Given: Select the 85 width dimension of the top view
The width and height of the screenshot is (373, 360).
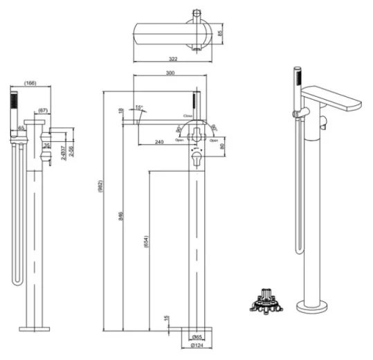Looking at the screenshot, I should [x=221, y=32].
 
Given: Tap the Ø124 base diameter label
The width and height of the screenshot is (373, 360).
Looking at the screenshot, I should [x=198, y=345].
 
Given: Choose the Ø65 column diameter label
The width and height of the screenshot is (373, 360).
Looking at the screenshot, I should [x=197, y=336].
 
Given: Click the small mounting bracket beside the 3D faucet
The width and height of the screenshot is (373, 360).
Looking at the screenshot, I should [x=263, y=302].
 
